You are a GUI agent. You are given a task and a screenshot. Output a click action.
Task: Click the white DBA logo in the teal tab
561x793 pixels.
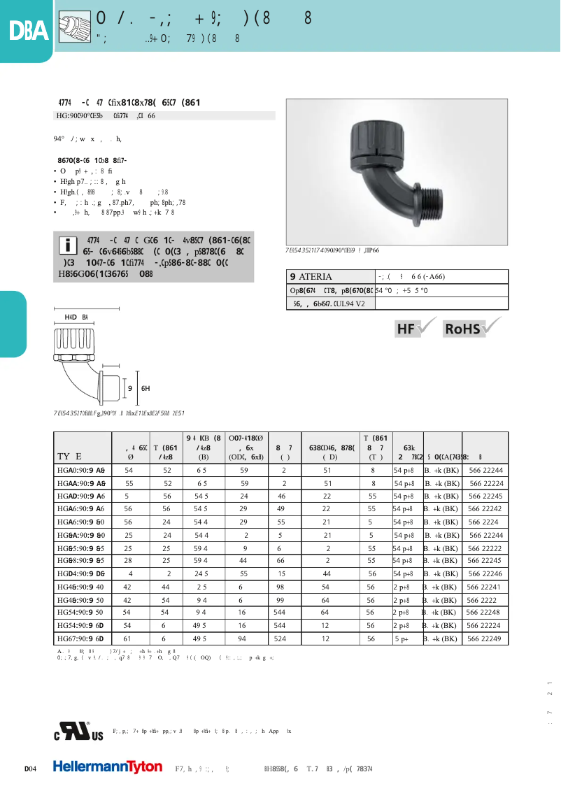[28, 31]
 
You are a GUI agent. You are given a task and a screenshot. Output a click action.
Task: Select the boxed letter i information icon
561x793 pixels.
[68, 245]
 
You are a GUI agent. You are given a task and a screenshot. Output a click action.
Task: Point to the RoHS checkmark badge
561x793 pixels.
[473, 327]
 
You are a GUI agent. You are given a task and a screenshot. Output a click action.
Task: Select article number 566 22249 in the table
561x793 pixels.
[484, 638]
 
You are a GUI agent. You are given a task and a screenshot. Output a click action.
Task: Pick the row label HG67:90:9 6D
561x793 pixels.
[80, 638]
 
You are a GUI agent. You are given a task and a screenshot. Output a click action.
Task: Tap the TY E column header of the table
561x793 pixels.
[70, 457]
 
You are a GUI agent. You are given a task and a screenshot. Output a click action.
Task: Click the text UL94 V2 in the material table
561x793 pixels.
[349, 303]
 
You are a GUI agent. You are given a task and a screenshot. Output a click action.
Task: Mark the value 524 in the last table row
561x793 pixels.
[280, 638]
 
